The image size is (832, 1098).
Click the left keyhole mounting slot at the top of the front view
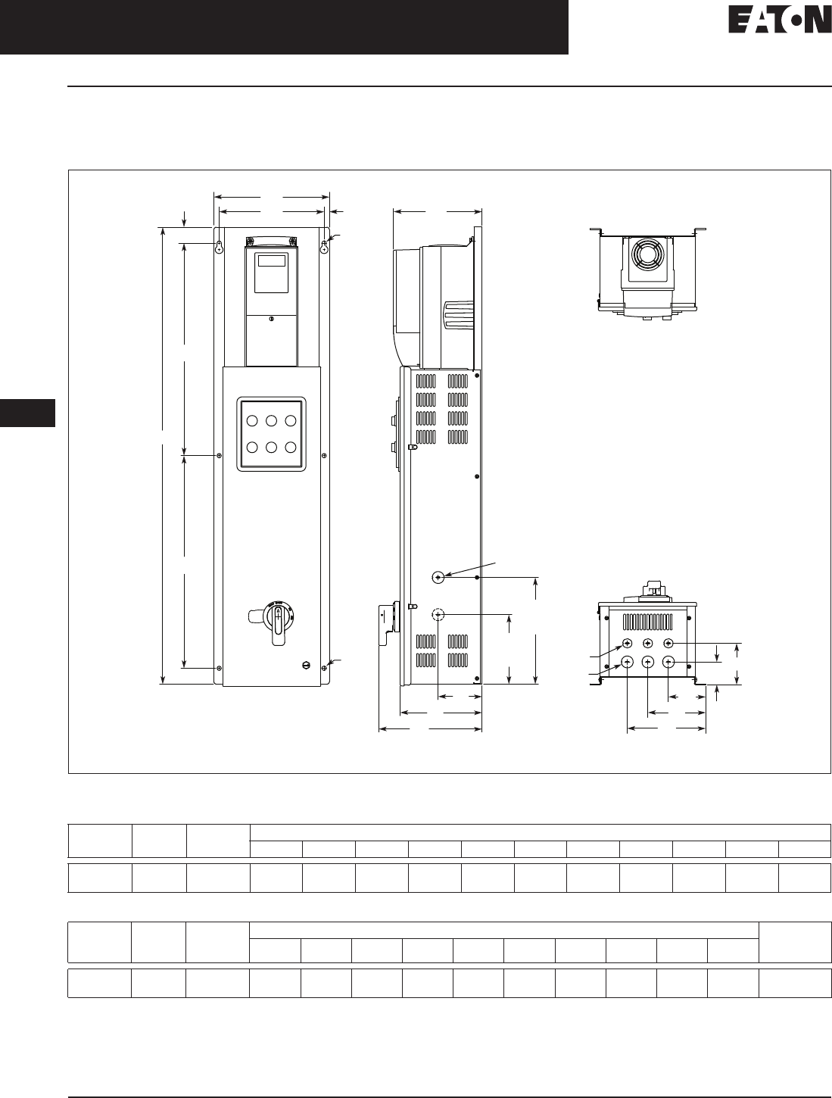[x=220, y=247]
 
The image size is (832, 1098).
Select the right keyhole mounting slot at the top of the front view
[x=324, y=247]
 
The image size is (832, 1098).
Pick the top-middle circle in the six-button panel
[x=272, y=421]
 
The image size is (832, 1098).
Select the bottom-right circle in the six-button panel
[x=291, y=448]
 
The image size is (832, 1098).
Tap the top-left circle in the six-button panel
[x=252, y=421]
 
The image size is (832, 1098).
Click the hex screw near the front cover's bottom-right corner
[x=306, y=666]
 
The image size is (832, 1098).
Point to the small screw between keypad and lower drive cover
[x=272, y=319]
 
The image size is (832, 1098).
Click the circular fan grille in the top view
[x=647, y=254]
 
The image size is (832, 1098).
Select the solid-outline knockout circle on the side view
[x=438, y=578]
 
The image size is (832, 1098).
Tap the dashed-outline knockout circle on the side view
[x=438, y=614]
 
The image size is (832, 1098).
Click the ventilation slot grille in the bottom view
[x=647, y=622]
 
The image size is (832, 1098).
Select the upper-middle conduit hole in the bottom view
[x=647, y=644]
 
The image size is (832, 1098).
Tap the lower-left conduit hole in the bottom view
[x=627, y=663]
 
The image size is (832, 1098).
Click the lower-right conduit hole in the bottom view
[x=668, y=663]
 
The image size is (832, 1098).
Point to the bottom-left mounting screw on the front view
[x=219, y=668]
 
